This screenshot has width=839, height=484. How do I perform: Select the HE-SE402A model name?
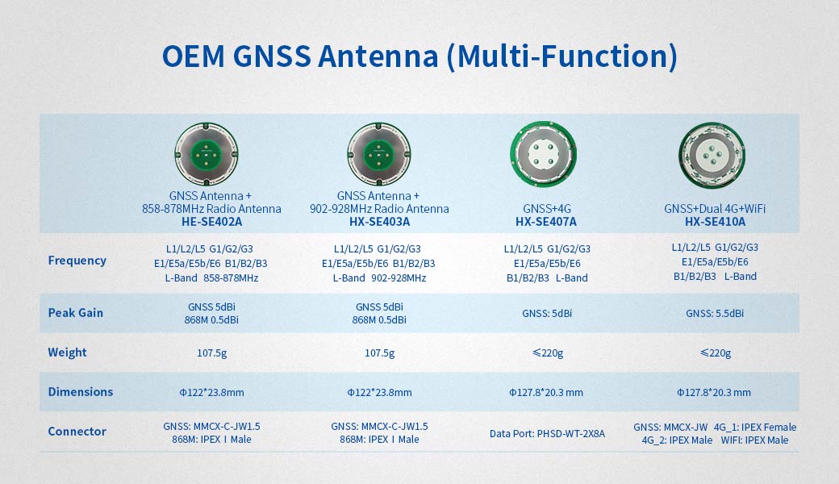pos(212,222)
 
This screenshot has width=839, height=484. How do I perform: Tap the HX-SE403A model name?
pos(379,222)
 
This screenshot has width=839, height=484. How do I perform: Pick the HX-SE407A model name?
pos(546,222)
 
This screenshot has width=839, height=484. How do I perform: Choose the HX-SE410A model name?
pos(715,222)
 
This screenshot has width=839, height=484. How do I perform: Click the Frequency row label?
pos(77,261)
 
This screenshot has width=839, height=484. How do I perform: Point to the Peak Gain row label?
pos(76,312)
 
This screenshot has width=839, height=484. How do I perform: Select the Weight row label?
pos(67,353)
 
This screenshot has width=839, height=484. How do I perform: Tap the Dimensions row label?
pos(81,392)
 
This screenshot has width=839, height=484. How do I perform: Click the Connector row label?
pos(77,432)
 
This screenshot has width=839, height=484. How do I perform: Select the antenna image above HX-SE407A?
pos(541,152)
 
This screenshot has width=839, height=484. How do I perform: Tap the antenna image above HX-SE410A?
pos(710,152)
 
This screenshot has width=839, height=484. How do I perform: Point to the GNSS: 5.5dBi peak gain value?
pos(715,314)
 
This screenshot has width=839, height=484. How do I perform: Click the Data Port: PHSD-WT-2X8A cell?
pos(547,434)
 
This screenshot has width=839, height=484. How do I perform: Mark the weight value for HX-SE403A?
pos(379,353)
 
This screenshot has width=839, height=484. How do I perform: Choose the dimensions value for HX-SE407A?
pos(546,393)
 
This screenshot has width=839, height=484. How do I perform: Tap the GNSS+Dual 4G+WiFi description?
pos(715,209)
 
